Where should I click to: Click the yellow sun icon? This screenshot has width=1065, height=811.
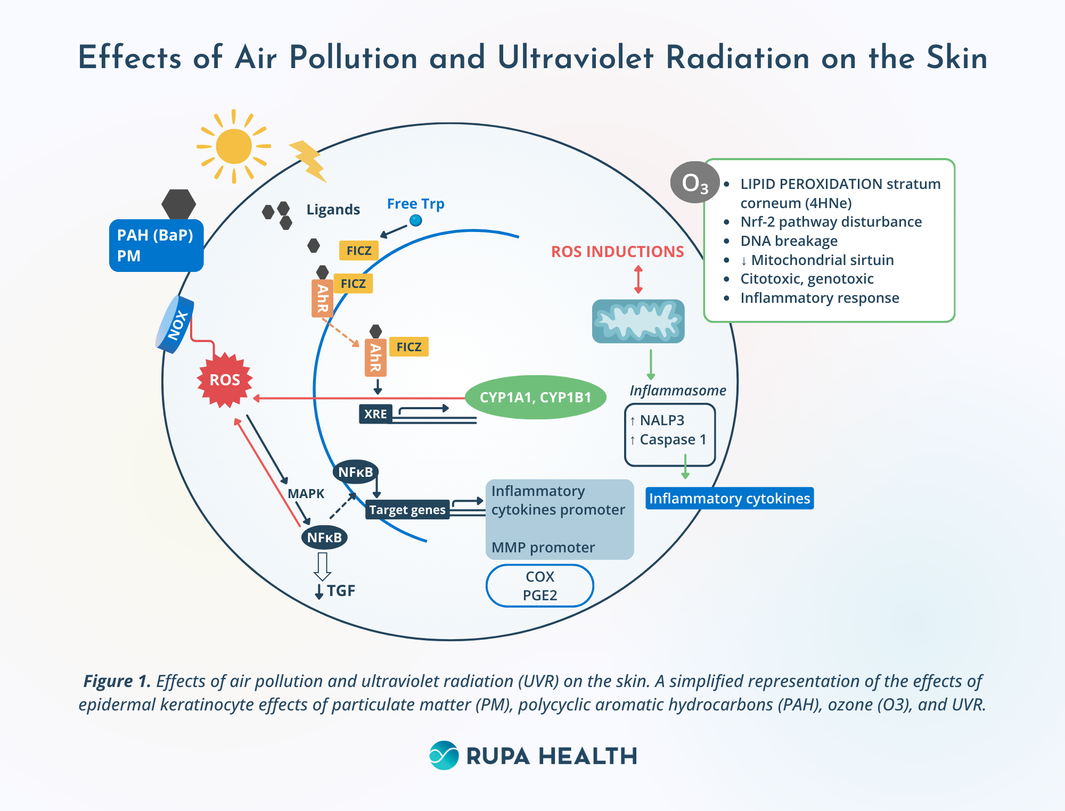click(x=234, y=146)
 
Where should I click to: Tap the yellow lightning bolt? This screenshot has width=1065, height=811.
click(x=309, y=160)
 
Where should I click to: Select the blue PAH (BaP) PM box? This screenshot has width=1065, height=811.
click(x=156, y=245)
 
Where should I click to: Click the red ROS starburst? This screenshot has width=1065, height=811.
click(x=225, y=380)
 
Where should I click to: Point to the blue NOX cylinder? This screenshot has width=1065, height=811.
click(x=175, y=325)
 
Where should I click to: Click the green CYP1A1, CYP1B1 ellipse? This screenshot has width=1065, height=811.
click(x=535, y=398)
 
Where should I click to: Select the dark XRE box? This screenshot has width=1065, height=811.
click(x=375, y=414)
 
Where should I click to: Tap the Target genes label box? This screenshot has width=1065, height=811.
click(x=407, y=510)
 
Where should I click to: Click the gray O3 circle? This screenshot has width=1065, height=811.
click(x=694, y=183)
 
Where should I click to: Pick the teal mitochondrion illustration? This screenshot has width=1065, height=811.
click(x=638, y=321)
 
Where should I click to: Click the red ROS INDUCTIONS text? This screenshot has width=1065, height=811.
click(x=617, y=252)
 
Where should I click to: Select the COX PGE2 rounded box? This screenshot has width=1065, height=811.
click(x=539, y=585)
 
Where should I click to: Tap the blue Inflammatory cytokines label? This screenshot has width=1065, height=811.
click(x=729, y=499)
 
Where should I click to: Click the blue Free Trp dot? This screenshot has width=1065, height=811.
click(x=416, y=220)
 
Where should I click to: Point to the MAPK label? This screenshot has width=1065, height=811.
click(x=306, y=494)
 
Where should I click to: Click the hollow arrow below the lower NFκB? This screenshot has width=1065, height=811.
click(x=322, y=566)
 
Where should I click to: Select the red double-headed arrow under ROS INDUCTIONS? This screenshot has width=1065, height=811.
click(x=638, y=279)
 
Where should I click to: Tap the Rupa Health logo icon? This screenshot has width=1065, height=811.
click(x=444, y=755)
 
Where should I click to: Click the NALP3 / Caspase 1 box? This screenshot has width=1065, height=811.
click(x=669, y=434)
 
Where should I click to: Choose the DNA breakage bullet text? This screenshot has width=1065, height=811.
click(x=789, y=241)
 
